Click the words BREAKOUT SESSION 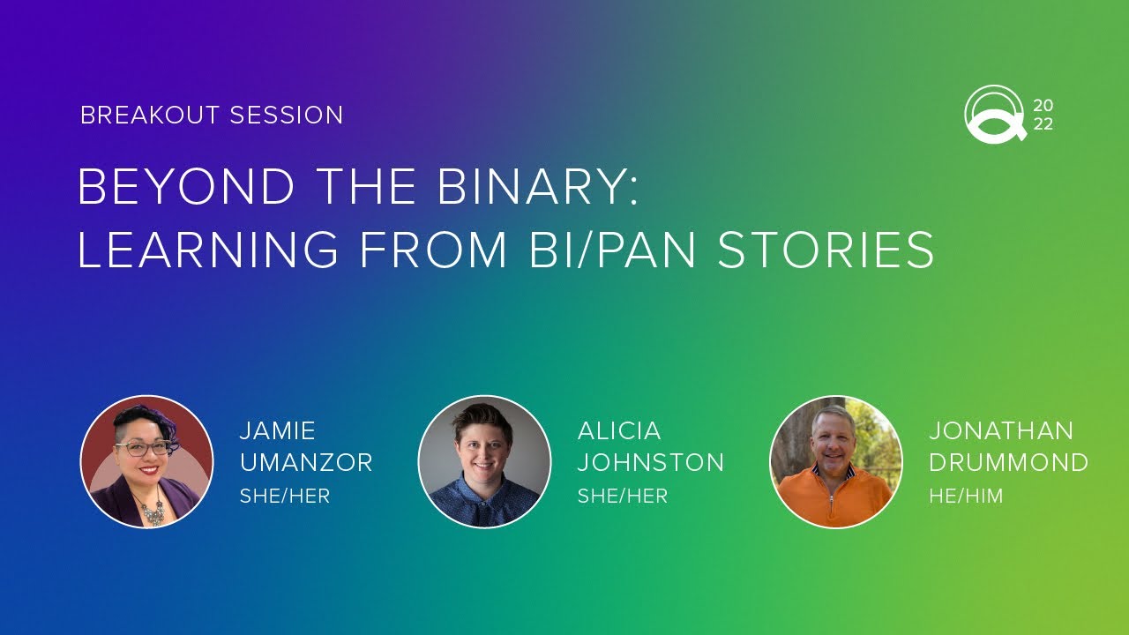point(212,116)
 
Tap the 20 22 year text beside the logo point(1043,115)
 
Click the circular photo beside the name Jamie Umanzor point(146,462)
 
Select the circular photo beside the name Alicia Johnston point(484,462)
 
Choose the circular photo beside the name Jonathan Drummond point(836,462)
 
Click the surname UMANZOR point(306,463)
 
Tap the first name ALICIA point(619,431)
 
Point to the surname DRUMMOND point(1008,463)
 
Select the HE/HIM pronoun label point(966,497)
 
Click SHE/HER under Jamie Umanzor point(284,497)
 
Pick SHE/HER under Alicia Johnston point(622,497)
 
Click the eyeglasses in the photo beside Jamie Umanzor point(141,448)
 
